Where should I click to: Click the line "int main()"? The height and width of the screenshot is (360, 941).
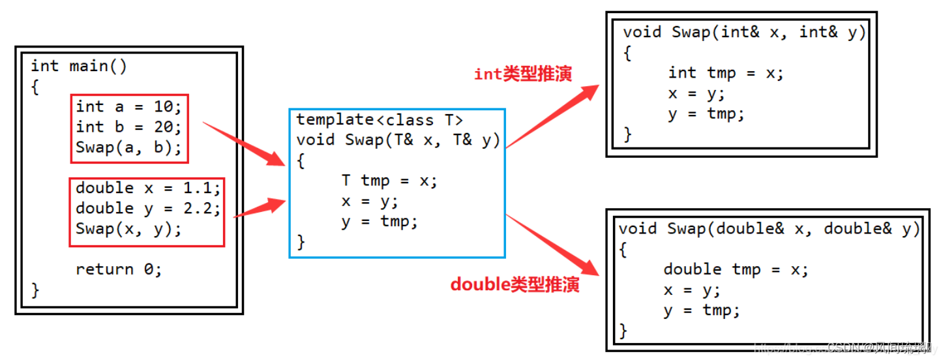coord(79,67)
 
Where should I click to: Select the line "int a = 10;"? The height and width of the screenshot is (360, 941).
coord(129,106)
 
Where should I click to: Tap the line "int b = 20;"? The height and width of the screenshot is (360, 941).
coord(129,127)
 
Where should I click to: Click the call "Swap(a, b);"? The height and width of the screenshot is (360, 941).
coord(129,147)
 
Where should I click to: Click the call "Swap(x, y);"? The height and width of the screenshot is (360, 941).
coord(128,229)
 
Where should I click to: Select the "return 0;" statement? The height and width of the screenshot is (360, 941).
coord(119,269)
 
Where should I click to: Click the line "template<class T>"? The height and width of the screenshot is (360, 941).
coord(380,119)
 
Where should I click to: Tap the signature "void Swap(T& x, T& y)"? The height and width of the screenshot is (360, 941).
coord(398,140)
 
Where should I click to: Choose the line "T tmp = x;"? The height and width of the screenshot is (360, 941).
coord(389,181)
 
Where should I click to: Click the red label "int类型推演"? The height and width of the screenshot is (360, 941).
coord(523,74)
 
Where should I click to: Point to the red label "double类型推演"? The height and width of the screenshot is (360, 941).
coord(515,285)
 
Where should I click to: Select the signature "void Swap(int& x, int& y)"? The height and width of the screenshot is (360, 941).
coord(744,32)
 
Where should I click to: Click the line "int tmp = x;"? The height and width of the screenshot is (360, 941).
coord(726,73)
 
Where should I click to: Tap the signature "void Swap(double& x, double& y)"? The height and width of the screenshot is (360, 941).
coord(769,229)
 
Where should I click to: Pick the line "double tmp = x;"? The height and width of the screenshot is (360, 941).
coord(736,269)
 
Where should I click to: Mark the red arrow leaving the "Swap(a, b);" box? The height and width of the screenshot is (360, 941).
coord(244,143)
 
